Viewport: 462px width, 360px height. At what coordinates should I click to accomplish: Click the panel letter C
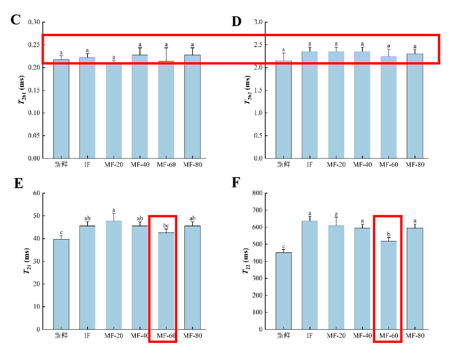(x=15, y=20)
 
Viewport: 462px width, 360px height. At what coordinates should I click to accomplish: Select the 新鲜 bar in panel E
(x=61, y=284)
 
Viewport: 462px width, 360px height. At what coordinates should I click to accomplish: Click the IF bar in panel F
(x=310, y=275)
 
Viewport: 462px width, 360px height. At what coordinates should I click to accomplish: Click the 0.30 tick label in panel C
(x=34, y=22)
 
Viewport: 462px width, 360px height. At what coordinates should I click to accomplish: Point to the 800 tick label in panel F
(x=258, y=193)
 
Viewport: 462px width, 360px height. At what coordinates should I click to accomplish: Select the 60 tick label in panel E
(x=37, y=193)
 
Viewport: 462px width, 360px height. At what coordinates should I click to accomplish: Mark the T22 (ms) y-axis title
(x=246, y=262)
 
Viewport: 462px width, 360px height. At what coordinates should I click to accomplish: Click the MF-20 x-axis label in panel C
(x=114, y=165)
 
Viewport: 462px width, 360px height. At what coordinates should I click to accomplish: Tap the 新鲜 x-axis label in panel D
(x=283, y=165)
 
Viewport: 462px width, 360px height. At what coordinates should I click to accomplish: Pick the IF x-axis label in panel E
(x=88, y=336)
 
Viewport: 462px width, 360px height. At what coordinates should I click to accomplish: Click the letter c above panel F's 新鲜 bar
(x=283, y=246)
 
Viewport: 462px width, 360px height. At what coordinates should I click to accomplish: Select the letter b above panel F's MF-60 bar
(x=388, y=235)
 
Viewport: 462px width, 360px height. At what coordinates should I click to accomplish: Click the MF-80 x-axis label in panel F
(x=415, y=336)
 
